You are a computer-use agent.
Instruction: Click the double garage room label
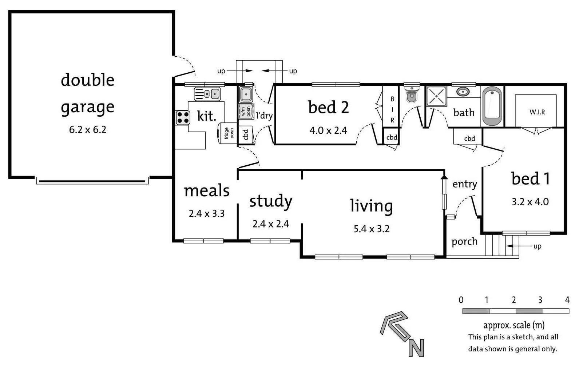point(88,93)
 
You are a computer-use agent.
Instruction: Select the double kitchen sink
point(207,94)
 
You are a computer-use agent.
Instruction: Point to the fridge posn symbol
point(227,133)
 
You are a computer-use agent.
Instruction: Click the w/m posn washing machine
point(246,112)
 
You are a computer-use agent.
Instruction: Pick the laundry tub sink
point(246,94)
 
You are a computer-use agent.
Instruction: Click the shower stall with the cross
point(436,96)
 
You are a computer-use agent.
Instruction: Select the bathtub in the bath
point(492,106)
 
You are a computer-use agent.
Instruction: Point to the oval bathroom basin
point(463,92)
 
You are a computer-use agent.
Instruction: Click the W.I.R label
point(537,112)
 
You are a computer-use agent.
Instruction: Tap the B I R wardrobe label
point(392,109)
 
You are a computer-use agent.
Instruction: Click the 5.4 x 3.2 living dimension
point(372,229)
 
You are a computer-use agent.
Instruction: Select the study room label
point(271,201)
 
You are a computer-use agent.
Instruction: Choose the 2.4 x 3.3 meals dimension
point(207,214)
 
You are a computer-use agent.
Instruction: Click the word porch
point(464,242)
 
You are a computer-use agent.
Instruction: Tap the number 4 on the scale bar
point(567,300)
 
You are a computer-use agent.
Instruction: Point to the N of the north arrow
point(416,348)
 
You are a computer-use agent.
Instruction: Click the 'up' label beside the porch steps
point(538,246)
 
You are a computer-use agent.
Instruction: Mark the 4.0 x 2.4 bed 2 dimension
point(328,130)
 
